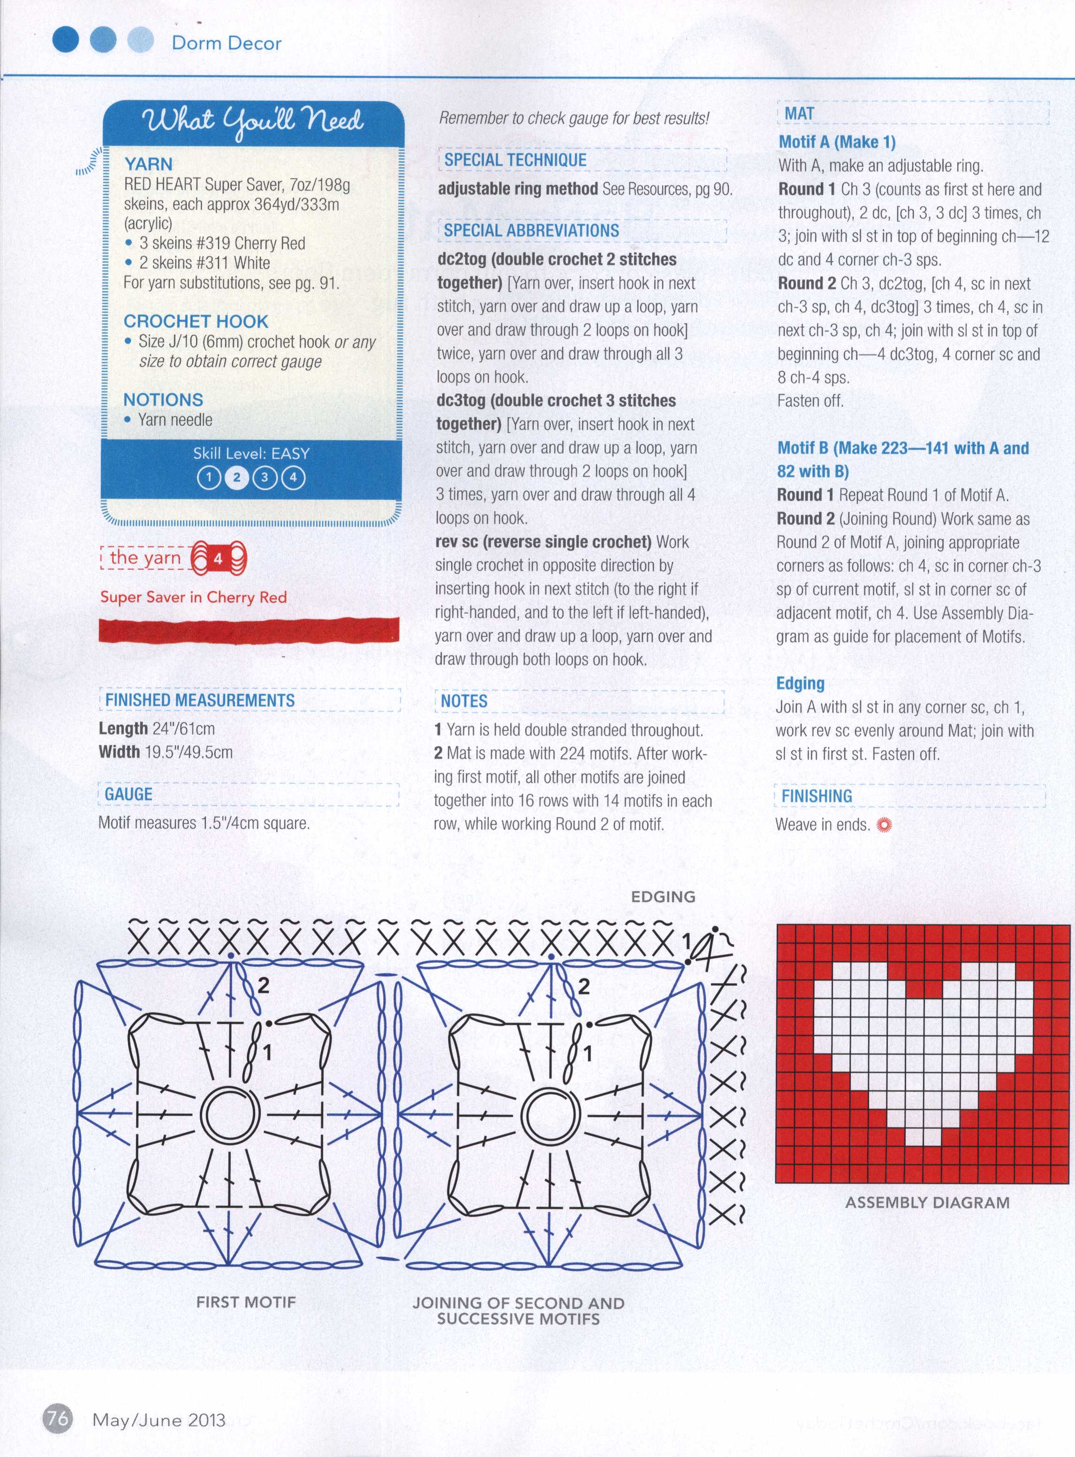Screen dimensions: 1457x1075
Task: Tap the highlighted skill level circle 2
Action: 236,478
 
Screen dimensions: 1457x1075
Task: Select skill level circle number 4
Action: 293,478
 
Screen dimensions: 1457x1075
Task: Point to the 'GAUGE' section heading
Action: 129,794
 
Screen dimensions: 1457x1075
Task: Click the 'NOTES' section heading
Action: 464,701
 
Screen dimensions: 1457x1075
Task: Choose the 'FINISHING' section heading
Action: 817,796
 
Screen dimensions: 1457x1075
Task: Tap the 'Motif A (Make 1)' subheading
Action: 837,142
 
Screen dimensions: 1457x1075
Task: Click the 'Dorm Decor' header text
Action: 227,44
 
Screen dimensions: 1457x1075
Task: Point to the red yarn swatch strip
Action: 249,630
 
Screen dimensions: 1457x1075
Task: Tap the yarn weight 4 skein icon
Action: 219,559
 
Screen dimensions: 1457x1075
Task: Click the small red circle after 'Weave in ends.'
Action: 884,825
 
